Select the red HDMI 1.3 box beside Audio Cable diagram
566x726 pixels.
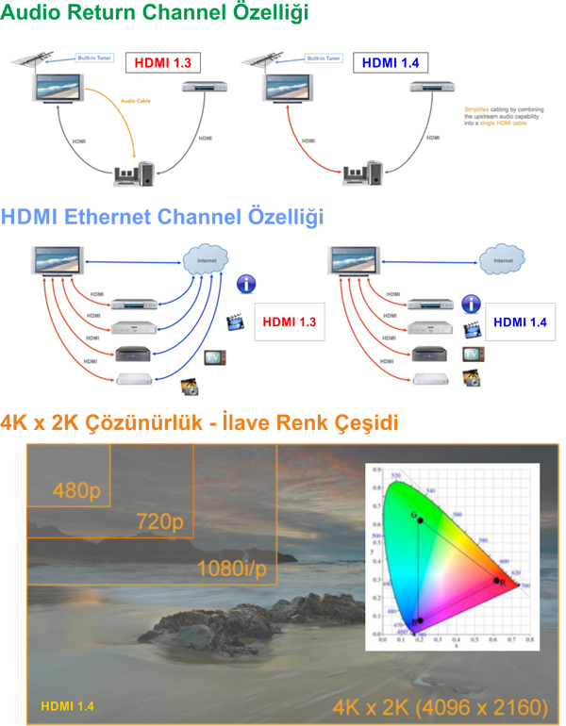(x=163, y=63)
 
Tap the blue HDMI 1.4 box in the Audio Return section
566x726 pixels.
(x=391, y=63)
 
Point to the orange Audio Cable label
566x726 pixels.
(x=137, y=99)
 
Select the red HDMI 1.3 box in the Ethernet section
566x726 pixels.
(x=290, y=322)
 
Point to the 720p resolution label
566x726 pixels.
(x=160, y=522)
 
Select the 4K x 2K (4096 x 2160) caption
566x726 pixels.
(x=441, y=706)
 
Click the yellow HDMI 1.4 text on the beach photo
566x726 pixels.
(x=66, y=704)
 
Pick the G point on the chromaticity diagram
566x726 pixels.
(x=420, y=520)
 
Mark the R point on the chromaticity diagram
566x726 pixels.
(x=497, y=580)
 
